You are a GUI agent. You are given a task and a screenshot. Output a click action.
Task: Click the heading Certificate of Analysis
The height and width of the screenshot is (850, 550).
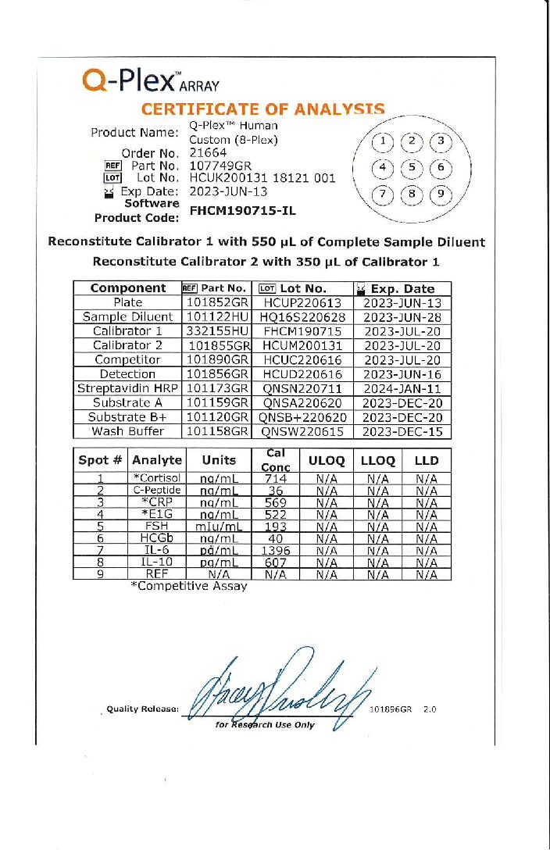click(262, 110)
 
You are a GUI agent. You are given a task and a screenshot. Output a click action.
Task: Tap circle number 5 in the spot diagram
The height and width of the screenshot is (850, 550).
click(411, 168)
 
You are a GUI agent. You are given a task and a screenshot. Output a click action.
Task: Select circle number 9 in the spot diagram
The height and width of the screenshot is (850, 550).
click(441, 194)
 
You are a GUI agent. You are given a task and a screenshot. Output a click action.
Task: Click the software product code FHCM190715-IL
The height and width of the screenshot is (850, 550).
click(243, 210)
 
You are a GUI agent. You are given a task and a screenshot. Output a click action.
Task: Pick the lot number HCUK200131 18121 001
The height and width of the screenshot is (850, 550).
click(262, 178)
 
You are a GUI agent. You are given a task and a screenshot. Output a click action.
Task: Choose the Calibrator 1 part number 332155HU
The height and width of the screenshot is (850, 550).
click(218, 331)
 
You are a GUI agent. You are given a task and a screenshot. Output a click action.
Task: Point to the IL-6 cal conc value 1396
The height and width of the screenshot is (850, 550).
click(276, 550)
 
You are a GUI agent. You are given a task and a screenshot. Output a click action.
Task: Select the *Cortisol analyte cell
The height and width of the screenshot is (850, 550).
click(156, 478)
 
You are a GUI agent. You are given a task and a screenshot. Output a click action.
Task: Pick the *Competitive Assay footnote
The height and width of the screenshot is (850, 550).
click(189, 586)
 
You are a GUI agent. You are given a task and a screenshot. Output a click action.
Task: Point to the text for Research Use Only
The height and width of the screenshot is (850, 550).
click(265, 725)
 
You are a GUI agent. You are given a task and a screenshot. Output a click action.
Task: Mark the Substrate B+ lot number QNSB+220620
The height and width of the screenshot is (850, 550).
click(302, 417)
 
